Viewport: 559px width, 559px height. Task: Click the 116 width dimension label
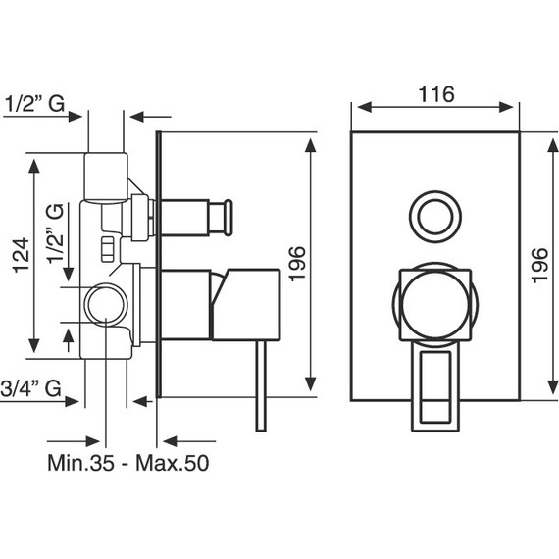click(x=436, y=94)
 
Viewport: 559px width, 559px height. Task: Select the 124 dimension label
click(x=21, y=255)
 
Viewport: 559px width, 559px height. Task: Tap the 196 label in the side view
click(x=297, y=264)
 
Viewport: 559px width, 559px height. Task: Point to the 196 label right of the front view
click(x=539, y=266)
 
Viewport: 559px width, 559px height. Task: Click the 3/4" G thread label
click(x=30, y=388)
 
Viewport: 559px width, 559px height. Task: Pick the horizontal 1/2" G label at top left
click(x=34, y=104)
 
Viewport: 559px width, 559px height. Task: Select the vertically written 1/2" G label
click(x=56, y=233)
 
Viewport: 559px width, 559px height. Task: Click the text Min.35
click(x=81, y=463)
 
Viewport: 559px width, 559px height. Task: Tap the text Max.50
click(x=173, y=463)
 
